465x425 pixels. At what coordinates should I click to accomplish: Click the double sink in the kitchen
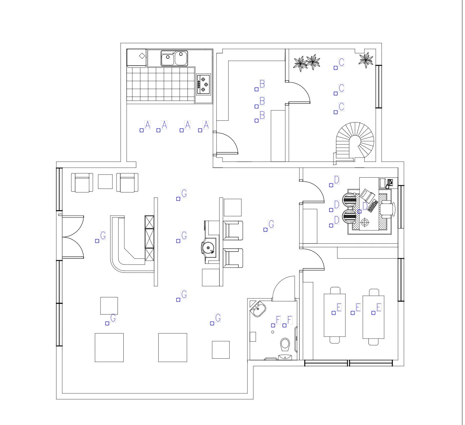174,58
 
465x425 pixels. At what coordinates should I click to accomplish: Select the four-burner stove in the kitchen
204,84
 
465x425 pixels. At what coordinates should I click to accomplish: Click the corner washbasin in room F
258,309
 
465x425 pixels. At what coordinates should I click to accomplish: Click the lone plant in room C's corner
366,59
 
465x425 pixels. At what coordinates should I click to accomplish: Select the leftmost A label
147,125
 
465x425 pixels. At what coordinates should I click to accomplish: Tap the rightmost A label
206,125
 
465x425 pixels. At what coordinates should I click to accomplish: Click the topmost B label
262,84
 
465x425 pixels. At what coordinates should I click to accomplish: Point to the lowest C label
341,107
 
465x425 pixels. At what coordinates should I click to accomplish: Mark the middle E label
358,307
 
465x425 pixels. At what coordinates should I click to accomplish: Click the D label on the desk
365,206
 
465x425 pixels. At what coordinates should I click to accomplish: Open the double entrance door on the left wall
73,237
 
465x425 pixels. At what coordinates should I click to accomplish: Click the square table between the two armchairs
105,181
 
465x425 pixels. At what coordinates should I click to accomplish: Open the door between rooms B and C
298,92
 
